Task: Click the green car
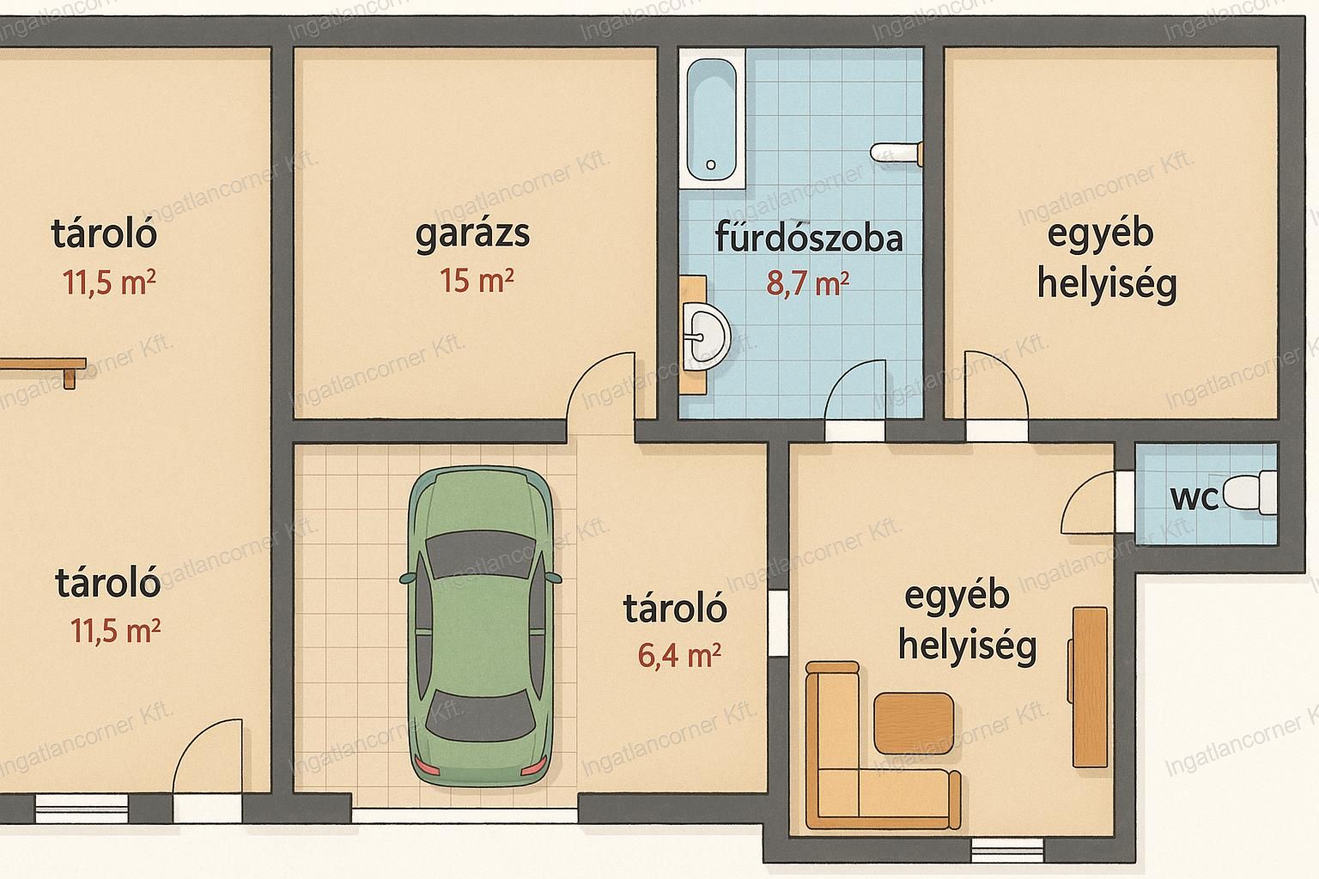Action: pyautogui.click(x=481, y=626)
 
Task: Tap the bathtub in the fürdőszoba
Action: pyautogui.click(x=712, y=118)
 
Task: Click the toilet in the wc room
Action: pyautogui.click(x=1250, y=494)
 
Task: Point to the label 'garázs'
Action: pyautogui.click(x=472, y=234)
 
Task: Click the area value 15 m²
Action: pyautogui.click(x=477, y=280)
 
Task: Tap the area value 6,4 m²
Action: pyautogui.click(x=679, y=655)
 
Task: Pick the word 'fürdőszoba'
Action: pyautogui.click(x=809, y=237)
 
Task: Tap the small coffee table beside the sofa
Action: pyautogui.click(x=914, y=724)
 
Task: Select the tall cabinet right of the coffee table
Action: pyautogui.click(x=1089, y=687)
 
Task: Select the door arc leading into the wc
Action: pyautogui.click(x=1080, y=498)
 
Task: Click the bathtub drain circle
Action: pyautogui.click(x=711, y=165)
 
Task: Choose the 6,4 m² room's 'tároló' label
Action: pyautogui.click(x=675, y=609)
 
